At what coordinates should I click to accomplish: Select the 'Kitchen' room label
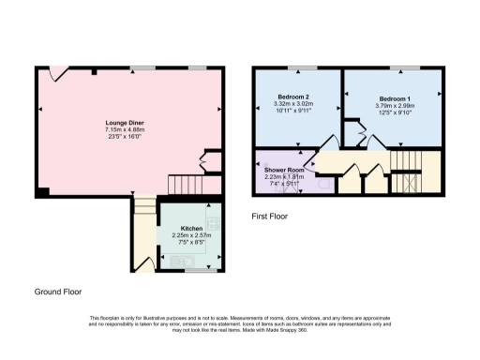(x=191, y=228)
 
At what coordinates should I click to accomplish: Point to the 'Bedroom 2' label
(x=292, y=96)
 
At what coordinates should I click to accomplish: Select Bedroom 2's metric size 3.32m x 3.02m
(x=292, y=103)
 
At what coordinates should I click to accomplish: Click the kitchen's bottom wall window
(x=197, y=269)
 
